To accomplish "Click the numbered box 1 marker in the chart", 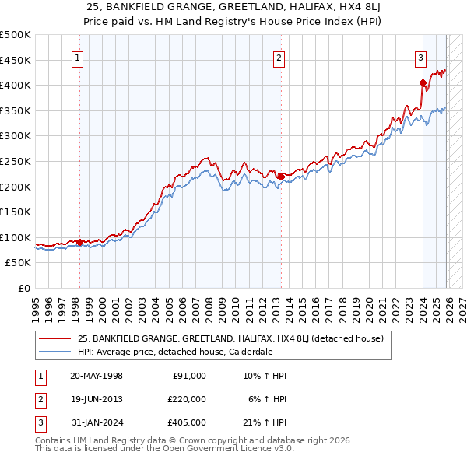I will [79, 56].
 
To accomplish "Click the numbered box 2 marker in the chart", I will [279, 56].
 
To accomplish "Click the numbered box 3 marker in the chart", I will [420, 56].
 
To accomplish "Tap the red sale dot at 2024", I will [422, 82].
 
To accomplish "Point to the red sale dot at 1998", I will [79, 242].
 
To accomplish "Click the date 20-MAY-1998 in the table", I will [96, 376].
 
